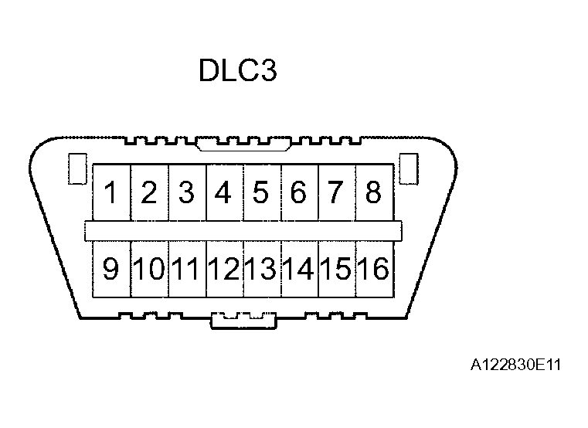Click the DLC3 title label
pos(237,71)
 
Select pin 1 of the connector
pos(112,192)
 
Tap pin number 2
pos(149,192)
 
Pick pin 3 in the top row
pos(186,192)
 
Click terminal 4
pos(224,192)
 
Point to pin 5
pos(261,192)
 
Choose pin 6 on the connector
pos(298,192)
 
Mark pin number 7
pos(335,192)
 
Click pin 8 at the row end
pos(373,192)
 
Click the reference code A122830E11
pos(514,363)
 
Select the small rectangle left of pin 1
pos(76,169)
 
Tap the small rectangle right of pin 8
pos(408,169)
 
